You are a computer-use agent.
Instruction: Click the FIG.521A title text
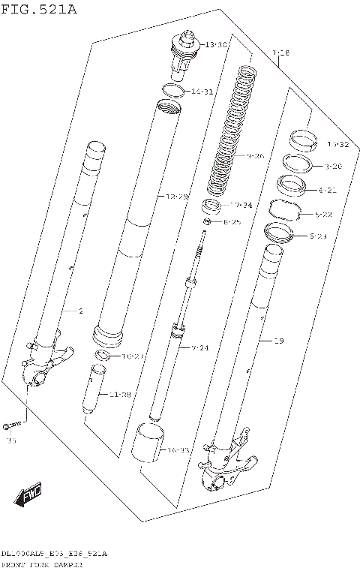coord(39,8)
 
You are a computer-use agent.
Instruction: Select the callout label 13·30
coord(216,45)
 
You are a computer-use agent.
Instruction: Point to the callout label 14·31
coord(202,92)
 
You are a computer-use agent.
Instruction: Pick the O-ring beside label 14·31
coord(173,92)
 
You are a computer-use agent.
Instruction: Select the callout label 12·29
coord(177,197)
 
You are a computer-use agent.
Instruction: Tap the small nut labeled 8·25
coord(205,223)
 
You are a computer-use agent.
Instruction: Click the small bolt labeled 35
coord(10,425)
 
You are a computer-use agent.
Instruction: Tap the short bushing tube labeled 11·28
coord(97,388)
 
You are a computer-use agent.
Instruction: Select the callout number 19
coord(279,341)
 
